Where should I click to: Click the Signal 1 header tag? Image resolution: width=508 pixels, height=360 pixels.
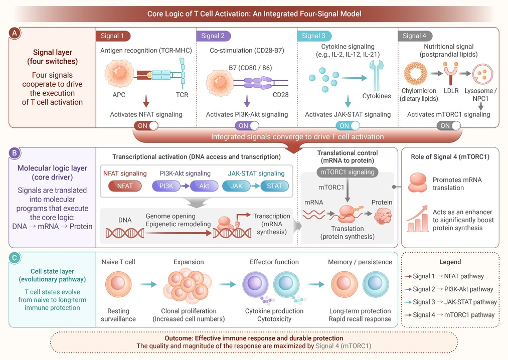(x=113, y=36)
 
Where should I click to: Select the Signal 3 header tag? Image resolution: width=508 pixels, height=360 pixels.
(x=314, y=36)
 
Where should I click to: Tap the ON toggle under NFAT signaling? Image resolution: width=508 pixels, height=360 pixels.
(x=146, y=126)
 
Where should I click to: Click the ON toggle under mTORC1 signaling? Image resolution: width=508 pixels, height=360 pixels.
(x=449, y=126)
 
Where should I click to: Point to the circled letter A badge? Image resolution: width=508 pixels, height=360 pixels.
(x=15, y=33)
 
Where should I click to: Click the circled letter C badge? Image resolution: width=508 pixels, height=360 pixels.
(x=15, y=258)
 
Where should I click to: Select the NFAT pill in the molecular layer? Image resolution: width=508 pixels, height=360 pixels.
(x=125, y=186)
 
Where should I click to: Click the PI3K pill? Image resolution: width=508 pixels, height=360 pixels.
(x=166, y=186)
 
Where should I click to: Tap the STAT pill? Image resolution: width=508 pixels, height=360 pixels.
(x=274, y=186)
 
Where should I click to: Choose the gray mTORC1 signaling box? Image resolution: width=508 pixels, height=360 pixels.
(x=348, y=172)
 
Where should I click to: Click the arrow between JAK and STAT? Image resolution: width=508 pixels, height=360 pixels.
(x=255, y=186)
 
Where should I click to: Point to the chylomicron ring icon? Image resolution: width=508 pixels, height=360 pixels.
(x=416, y=74)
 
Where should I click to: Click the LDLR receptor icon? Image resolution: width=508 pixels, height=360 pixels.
(x=451, y=74)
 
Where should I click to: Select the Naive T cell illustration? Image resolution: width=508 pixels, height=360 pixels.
(x=118, y=284)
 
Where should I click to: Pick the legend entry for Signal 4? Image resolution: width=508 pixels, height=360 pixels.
(x=449, y=315)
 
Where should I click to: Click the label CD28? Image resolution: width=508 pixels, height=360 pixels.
(x=280, y=95)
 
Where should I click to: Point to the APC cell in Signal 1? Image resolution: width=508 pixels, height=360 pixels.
(x=119, y=73)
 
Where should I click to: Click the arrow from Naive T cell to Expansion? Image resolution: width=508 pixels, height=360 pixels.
(x=148, y=284)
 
